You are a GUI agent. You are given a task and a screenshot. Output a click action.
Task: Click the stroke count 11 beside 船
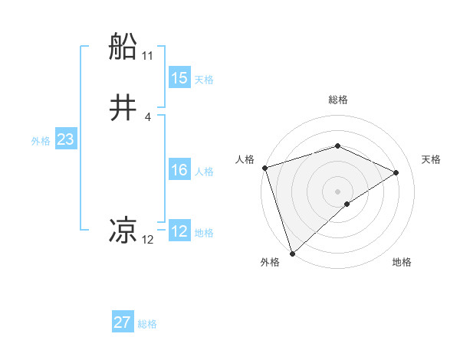pos(148,56)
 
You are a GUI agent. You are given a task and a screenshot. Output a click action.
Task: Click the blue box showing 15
pos(179,78)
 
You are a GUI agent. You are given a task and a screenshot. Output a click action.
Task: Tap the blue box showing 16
pos(179,170)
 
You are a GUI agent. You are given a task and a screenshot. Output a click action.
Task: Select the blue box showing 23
pos(65,139)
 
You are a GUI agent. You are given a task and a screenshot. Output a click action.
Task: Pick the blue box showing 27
pos(123,322)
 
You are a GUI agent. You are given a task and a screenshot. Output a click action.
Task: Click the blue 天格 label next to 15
pos(204,80)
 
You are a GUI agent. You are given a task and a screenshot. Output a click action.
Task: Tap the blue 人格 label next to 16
pos(204,172)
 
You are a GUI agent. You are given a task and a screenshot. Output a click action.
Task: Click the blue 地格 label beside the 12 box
pos(204,233)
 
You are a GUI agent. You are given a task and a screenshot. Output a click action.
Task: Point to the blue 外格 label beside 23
pos(41,141)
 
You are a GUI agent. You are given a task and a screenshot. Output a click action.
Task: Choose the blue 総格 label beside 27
pos(147,324)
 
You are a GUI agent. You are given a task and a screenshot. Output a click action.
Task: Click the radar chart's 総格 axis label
pos(338,100)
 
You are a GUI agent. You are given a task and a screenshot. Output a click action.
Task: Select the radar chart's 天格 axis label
pos(432,159)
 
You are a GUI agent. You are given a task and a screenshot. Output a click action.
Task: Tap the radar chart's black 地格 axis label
pos(402,262)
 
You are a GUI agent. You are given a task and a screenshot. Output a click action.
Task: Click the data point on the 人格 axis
pos(264,168)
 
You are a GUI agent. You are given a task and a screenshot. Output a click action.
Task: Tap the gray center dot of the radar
pos(338,191)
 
